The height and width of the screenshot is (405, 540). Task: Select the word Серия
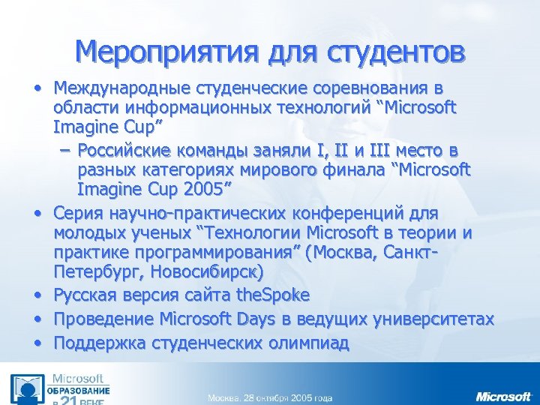pyautogui.click(x=79, y=212)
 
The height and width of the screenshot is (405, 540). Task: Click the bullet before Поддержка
pyautogui.click(x=37, y=343)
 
